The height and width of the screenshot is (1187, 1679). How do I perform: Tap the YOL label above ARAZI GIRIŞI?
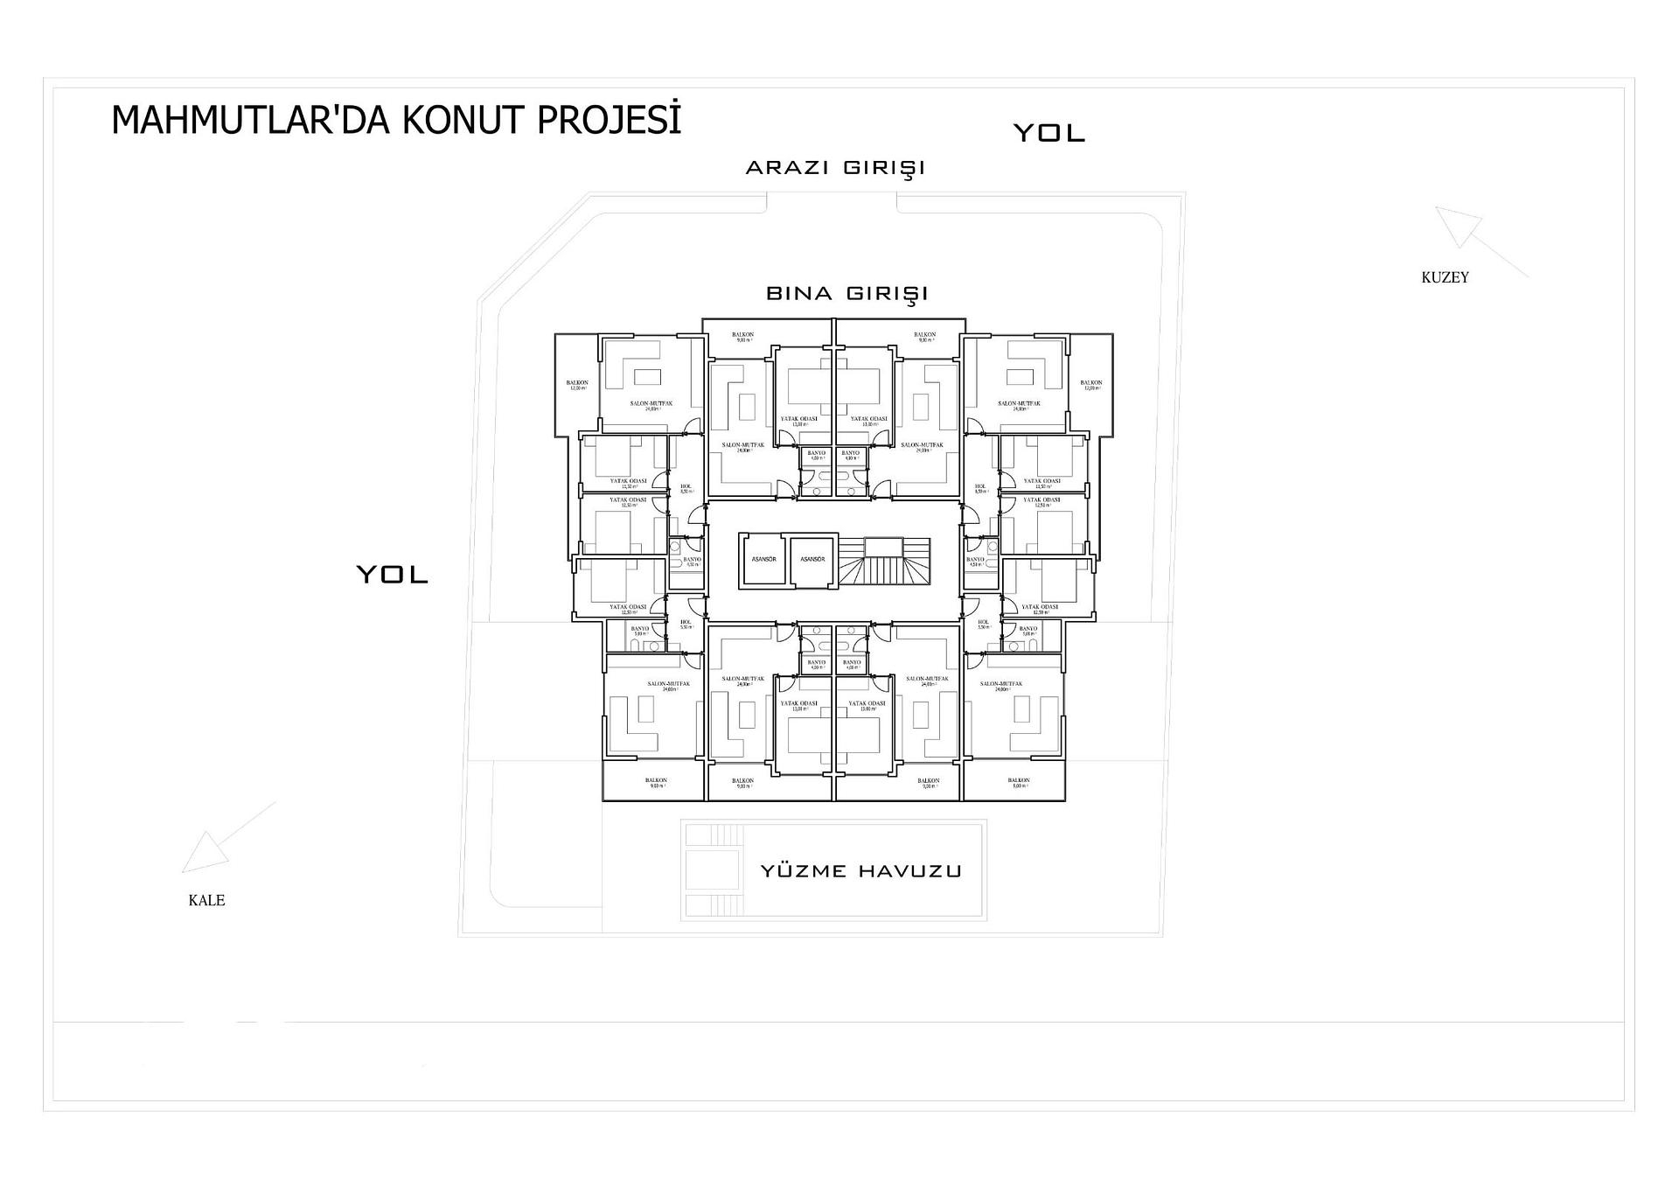pyautogui.click(x=1049, y=133)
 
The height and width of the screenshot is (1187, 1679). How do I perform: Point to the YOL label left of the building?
pyautogui.click(x=392, y=575)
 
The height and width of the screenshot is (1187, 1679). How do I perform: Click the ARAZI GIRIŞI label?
pyautogui.click(x=835, y=167)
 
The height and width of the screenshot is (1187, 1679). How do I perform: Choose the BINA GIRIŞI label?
pyautogui.click(x=846, y=293)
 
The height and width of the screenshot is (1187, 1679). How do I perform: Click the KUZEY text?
pyautogui.click(x=1445, y=277)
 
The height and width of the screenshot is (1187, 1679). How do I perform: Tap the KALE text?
pyautogui.click(x=206, y=900)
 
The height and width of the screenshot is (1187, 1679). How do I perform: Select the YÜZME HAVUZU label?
pyautogui.click(x=860, y=870)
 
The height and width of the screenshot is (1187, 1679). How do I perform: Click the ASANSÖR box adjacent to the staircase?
pyautogui.click(x=812, y=560)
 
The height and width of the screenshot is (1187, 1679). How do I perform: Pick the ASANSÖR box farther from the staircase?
pyautogui.click(x=763, y=560)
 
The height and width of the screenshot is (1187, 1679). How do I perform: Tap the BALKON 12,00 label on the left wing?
pyautogui.click(x=577, y=385)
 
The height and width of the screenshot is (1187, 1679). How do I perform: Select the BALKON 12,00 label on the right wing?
pyautogui.click(x=1090, y=385)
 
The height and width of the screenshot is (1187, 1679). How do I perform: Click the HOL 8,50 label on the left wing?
pyautogui.click(x=686, y=488)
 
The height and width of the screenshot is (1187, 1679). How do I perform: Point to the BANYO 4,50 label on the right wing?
pyautogui.click(x=975, y=562)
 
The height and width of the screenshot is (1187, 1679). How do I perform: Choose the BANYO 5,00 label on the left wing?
pyautogui.click(x=640, y=631)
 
